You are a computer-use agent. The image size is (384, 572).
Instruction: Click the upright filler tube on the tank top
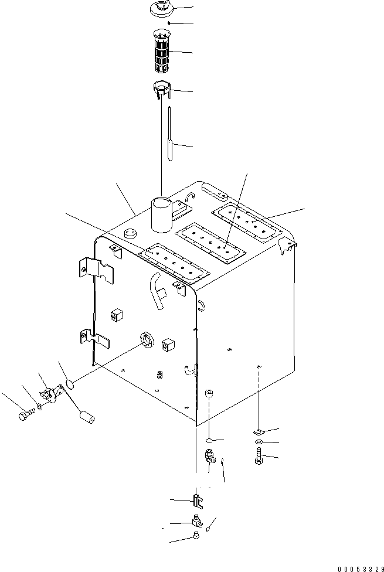pos(161,215)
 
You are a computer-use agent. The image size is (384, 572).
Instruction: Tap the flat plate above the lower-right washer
pos(257,431)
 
